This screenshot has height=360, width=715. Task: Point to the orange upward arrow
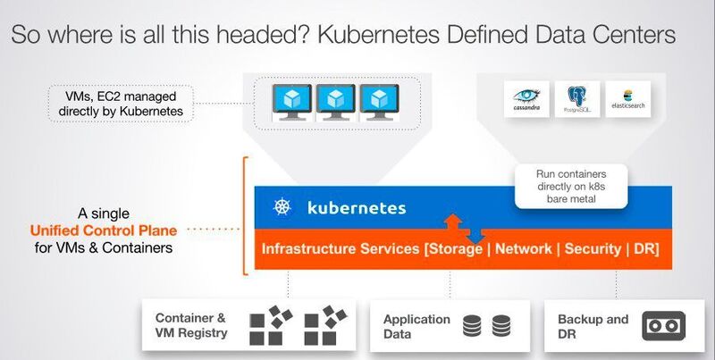pyautogui.click(x=454, y=222)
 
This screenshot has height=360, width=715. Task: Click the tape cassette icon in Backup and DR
pyautogui.click(x=663, y=326)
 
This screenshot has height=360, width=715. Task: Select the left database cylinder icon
pyautogui.click(x=472, y=326)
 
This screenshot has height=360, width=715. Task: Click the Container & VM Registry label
pyautogui.click(x=191, y=326)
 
